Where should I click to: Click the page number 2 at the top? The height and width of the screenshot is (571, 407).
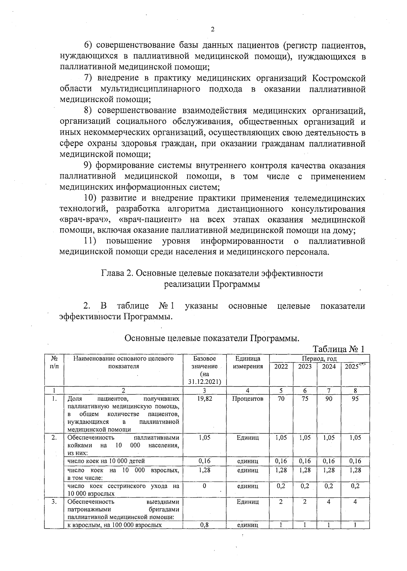coord(213,29)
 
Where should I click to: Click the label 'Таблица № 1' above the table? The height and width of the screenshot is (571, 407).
coord(338,349)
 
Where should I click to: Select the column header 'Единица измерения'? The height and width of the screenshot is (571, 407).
coord(248,362)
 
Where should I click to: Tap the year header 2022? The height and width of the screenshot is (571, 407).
coord(281,367)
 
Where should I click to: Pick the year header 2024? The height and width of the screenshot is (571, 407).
coord(329,367)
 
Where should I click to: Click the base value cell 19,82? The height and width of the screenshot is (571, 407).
coord(204,399)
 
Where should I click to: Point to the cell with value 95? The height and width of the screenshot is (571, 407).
coord(355,399)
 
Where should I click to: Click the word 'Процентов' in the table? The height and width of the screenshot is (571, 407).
coord(248,399)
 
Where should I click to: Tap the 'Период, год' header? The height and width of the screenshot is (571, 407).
coord(319,358)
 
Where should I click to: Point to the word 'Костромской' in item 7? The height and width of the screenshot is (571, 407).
coord(338,78)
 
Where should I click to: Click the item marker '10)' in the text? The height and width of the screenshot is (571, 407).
coord(90,198)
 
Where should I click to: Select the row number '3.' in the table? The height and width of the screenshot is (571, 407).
coord(54,502)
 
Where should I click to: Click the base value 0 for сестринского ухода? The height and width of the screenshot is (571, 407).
coord(204,486)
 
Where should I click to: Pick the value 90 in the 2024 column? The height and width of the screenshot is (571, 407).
coord(329,399)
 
